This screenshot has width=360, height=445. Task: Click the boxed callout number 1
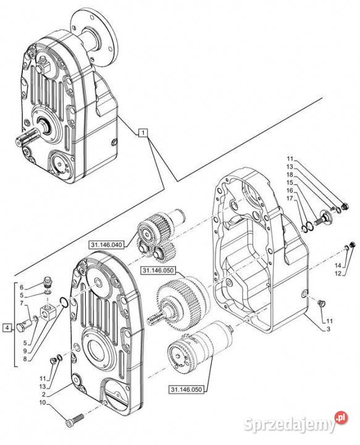click(143, 132)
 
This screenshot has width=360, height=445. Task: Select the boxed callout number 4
click(7, 328)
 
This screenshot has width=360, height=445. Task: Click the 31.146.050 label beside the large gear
click(158, 271)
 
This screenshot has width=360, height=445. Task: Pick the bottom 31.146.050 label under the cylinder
click(186, 389)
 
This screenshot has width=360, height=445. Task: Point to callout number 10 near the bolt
click(43, 402)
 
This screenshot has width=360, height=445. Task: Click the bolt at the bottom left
click(75, 420)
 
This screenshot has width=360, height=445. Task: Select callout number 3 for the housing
click(329, 329)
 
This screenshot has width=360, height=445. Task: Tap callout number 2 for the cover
click(44, 394)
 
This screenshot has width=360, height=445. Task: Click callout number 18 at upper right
click(290, 174)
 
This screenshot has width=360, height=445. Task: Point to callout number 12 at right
click(338, 274)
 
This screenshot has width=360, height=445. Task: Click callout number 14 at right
click(338, 266)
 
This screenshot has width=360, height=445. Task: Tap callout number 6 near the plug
click(22, 287)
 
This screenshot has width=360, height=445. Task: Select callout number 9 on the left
click(25, 351)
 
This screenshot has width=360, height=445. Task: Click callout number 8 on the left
click(25, 358)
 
